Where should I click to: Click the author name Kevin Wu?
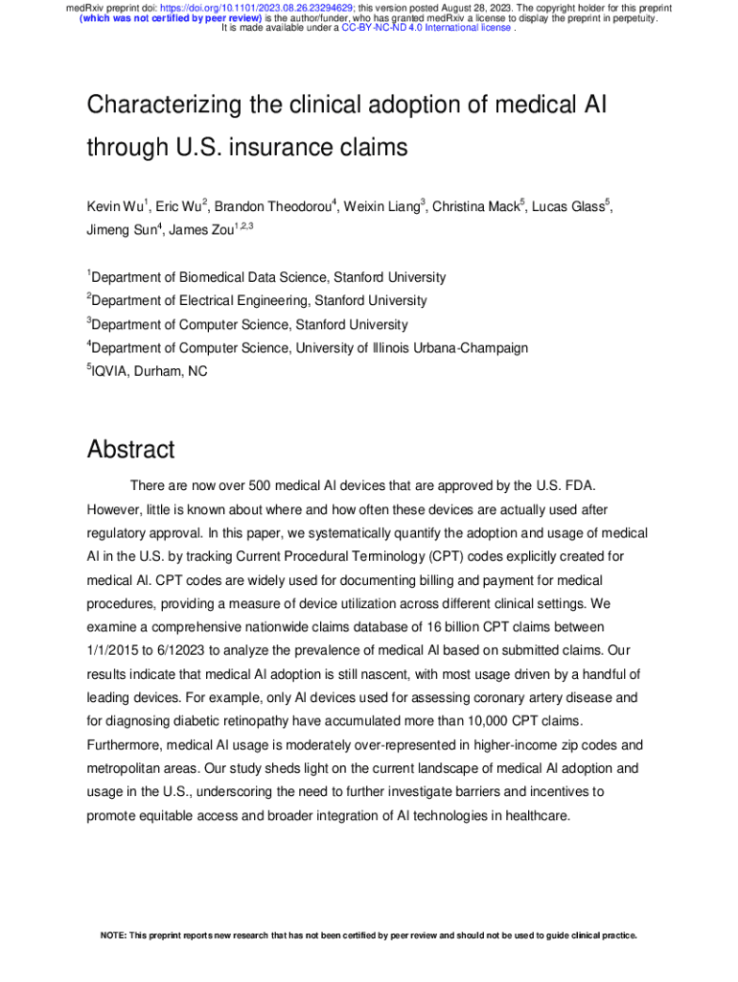tap(114, 207)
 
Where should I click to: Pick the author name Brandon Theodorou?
tap(272, 207)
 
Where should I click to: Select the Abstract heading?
tap(130, 449)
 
